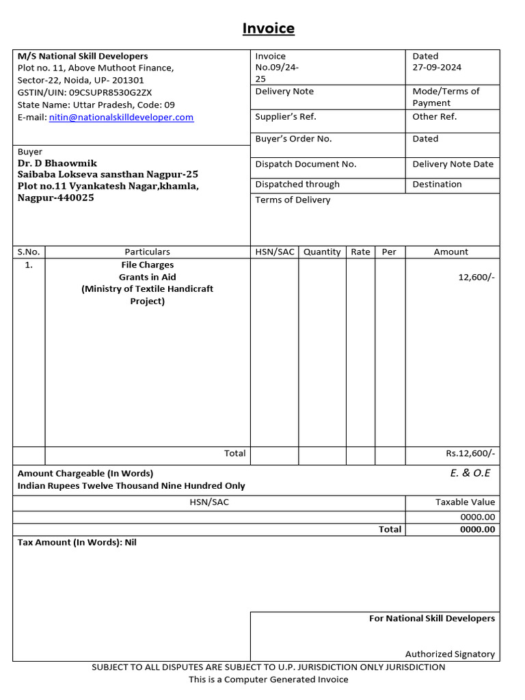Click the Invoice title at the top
point(269,29)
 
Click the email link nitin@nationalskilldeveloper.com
point(121,117)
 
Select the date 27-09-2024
point(437,67)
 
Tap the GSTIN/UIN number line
point(85,92)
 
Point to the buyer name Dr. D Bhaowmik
point(57,163)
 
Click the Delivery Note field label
point(284,92)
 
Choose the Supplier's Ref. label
point(286,116)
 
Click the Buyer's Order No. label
point(293,139)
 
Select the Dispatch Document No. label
point(306,164)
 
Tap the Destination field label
point(437,184)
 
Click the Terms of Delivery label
point(293,200)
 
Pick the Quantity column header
point(322,252)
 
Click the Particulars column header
point(147,252)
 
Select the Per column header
point(389,252)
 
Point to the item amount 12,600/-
point(476,278)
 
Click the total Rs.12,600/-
point(470,453)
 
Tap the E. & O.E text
point(470,473)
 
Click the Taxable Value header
point(465,502)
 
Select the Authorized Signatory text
point(450,654)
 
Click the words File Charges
point(147,265)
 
